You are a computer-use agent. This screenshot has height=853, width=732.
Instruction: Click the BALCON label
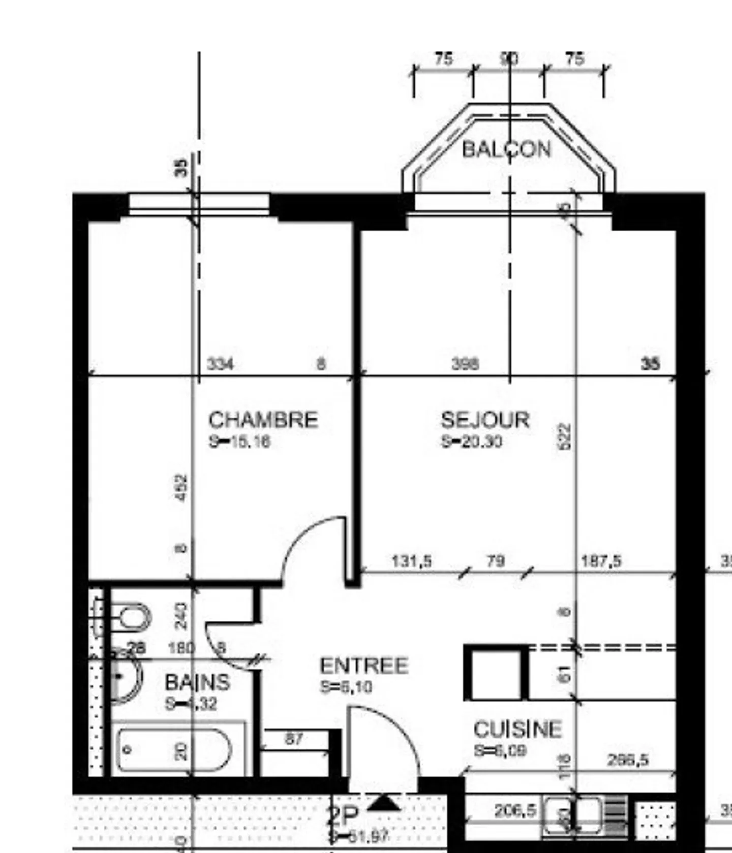[506, 149]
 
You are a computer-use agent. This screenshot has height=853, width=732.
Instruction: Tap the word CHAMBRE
[263, 420]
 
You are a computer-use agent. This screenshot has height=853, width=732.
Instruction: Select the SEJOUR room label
[485, 420]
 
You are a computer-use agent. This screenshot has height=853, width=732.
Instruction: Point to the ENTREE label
[364, 666]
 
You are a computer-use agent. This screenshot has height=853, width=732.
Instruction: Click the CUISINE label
[517, 730]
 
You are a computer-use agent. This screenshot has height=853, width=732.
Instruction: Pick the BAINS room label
[197, 682]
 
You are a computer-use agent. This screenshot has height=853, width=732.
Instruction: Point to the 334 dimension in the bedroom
[221, 364]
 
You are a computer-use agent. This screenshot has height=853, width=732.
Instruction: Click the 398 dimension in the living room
[465, 364]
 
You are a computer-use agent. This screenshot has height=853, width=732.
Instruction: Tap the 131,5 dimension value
[412, 561]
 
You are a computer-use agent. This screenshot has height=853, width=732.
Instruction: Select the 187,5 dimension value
[601, 561]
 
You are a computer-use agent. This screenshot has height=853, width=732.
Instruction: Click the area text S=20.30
[472, 441]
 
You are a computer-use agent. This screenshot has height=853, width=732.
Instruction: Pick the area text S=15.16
[239, 441]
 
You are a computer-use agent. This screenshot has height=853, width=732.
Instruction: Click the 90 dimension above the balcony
[509, 59]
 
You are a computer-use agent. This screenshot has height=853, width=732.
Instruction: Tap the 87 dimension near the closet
[294, 739]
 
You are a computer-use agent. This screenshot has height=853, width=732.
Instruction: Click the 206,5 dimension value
[515, 810]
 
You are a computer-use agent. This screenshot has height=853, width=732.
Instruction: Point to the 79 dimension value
[496, 561]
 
